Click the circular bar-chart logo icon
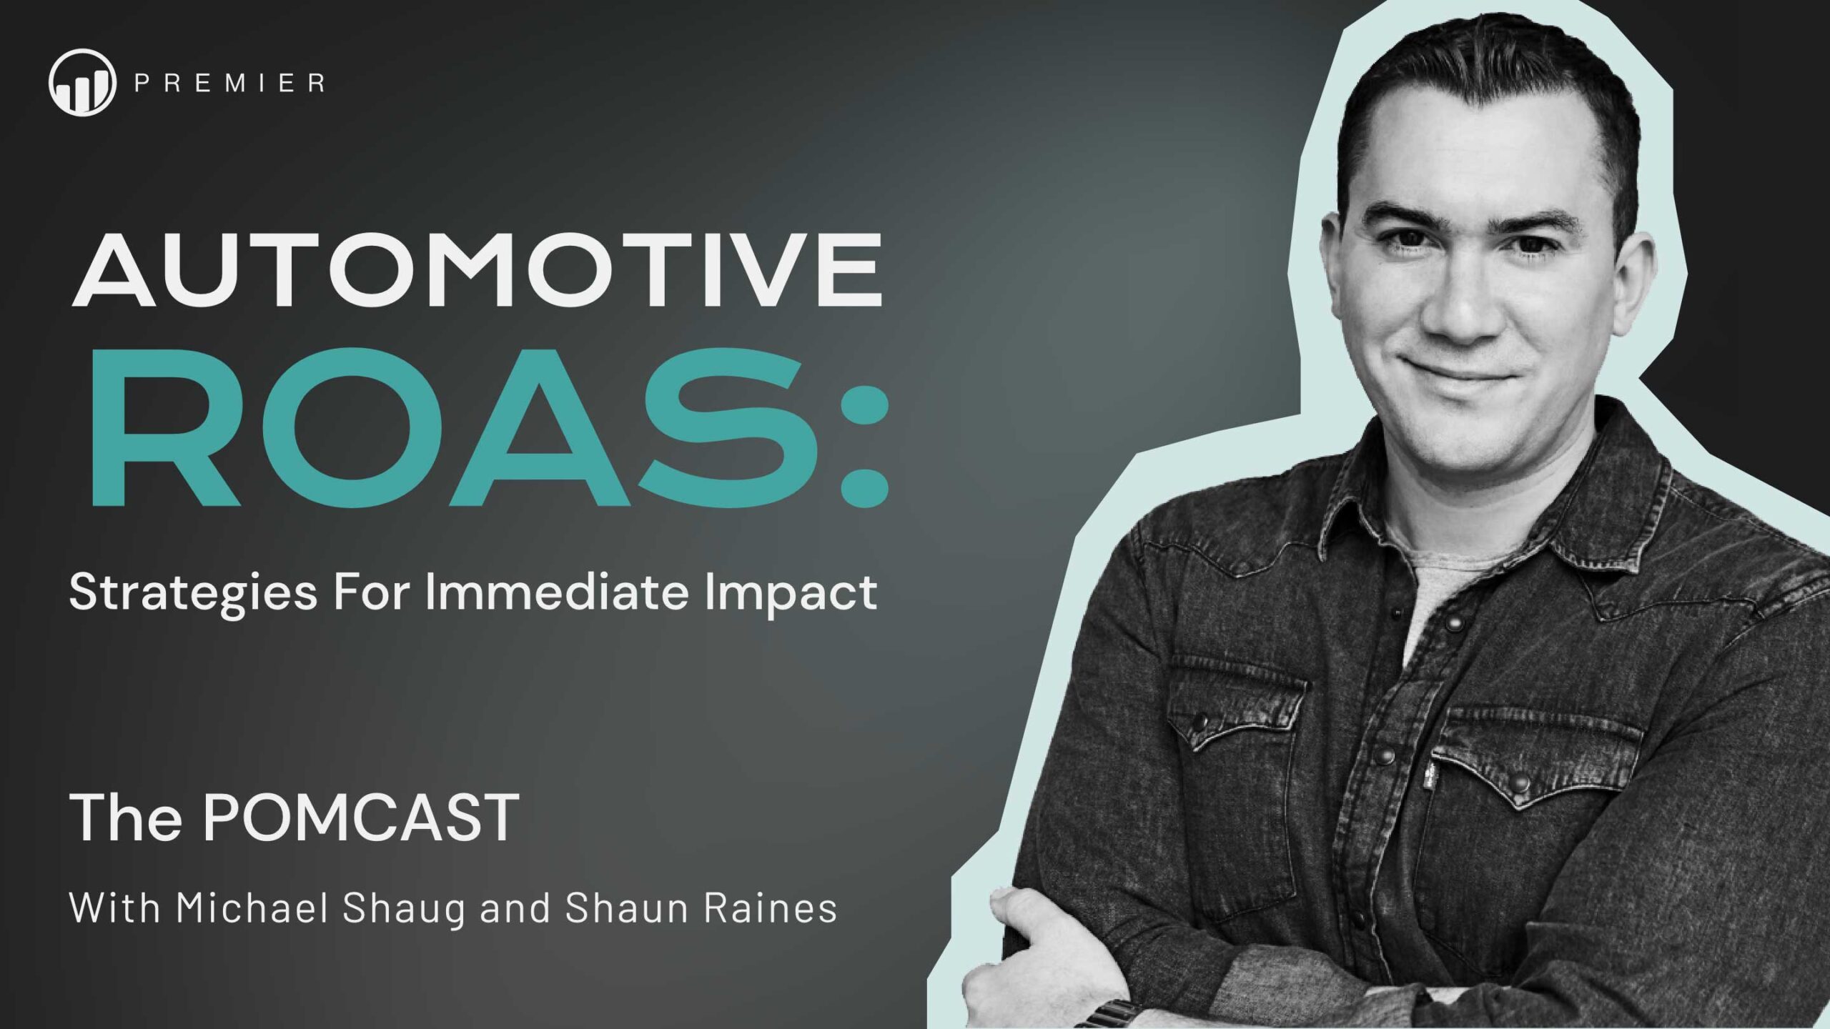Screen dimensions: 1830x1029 click(82, 81)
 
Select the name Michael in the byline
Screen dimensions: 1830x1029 click(254, 909)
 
